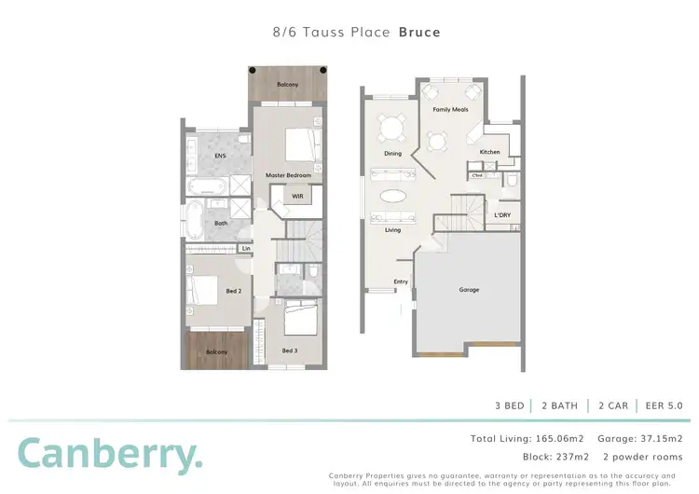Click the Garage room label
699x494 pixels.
pos(469,290)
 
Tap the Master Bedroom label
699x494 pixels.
pos(288,175)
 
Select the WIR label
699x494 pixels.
pos(297,197)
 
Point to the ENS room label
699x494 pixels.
pos(220,156)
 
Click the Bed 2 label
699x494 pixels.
pos(233,292)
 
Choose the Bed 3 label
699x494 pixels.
pos(290,350)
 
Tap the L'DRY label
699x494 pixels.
pos(502,215)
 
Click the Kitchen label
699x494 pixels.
pos(490,152)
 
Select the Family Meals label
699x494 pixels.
pos(449,110)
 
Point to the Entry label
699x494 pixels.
pos(401,281)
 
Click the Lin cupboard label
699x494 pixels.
pos(246,249)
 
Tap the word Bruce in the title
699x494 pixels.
pos(419,32)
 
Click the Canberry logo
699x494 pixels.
pos(108,454)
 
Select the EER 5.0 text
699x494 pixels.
pos(664,405)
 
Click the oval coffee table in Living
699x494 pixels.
pos(392,196)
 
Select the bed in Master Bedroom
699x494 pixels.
pos(300,145)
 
